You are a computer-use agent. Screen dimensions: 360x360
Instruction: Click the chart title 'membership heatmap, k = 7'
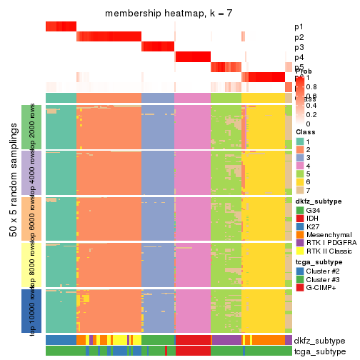(x=169, y=14)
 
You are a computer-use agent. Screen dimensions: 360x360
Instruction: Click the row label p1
(x=299, y=27)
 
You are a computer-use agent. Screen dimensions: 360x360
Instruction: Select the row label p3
(x=299, y=47)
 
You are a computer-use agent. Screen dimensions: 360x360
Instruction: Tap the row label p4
(x=299, y=57)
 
